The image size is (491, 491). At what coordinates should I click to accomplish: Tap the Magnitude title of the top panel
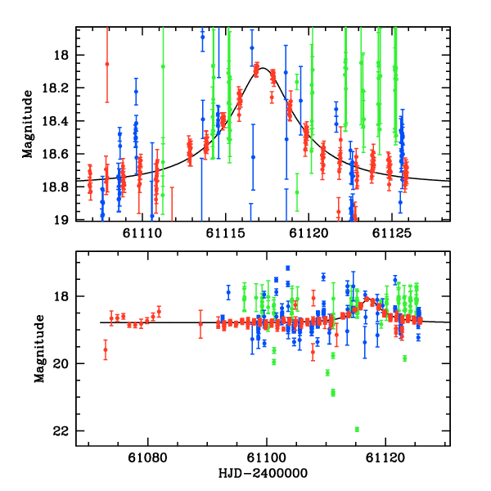28,124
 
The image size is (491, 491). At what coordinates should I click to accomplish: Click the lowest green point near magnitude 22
357,429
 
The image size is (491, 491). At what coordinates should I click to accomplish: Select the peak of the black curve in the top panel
264,69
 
